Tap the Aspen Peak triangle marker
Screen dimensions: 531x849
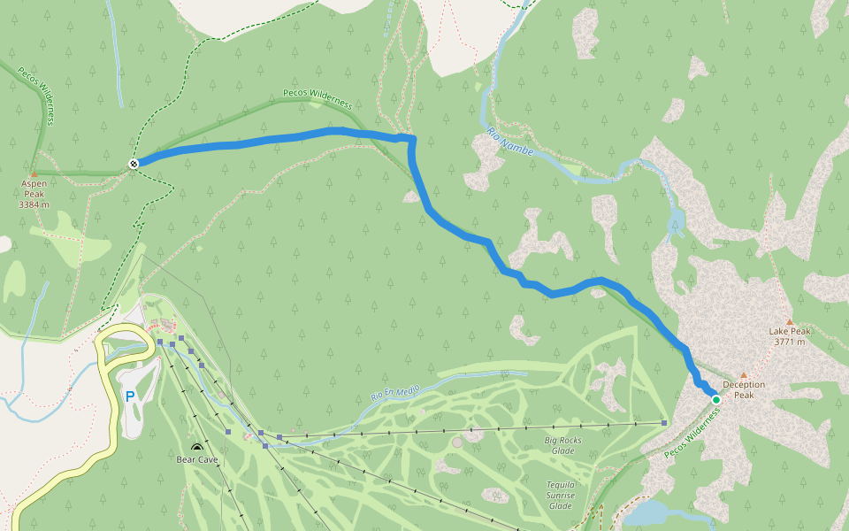tap(34, 173)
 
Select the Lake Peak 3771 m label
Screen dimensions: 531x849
tap(789, 336)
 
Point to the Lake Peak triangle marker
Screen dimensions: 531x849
tap(789, 322)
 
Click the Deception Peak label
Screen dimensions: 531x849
tap(744, 389)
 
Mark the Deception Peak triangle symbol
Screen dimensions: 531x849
tap(744, 374)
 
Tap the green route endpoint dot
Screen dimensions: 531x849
tap(716, 400)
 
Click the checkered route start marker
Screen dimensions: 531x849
tap(133, 163)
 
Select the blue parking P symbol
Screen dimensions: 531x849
tap(130, 396)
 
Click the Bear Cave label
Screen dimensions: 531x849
tap(196, 459)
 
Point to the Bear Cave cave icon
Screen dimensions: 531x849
tap(196, 448)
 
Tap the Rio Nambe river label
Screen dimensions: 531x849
tap(510, 142)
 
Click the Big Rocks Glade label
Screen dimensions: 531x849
tap(562, 444)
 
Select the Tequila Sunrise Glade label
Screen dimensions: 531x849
tap(560, 495)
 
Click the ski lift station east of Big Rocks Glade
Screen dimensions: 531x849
tap(664, 423)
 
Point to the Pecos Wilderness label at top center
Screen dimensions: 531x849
tap(317, 97)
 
